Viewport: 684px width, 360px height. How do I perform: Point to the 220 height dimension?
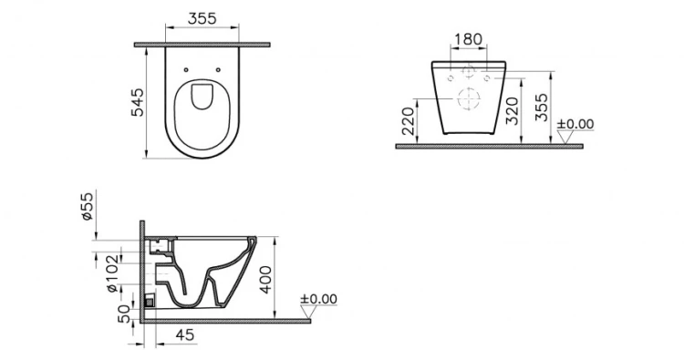click(408, 120)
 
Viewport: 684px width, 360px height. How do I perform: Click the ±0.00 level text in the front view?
click(575, 124)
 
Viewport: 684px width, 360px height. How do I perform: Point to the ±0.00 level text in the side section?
click(319, 298)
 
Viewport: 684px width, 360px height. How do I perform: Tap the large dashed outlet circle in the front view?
click(468, 99)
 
